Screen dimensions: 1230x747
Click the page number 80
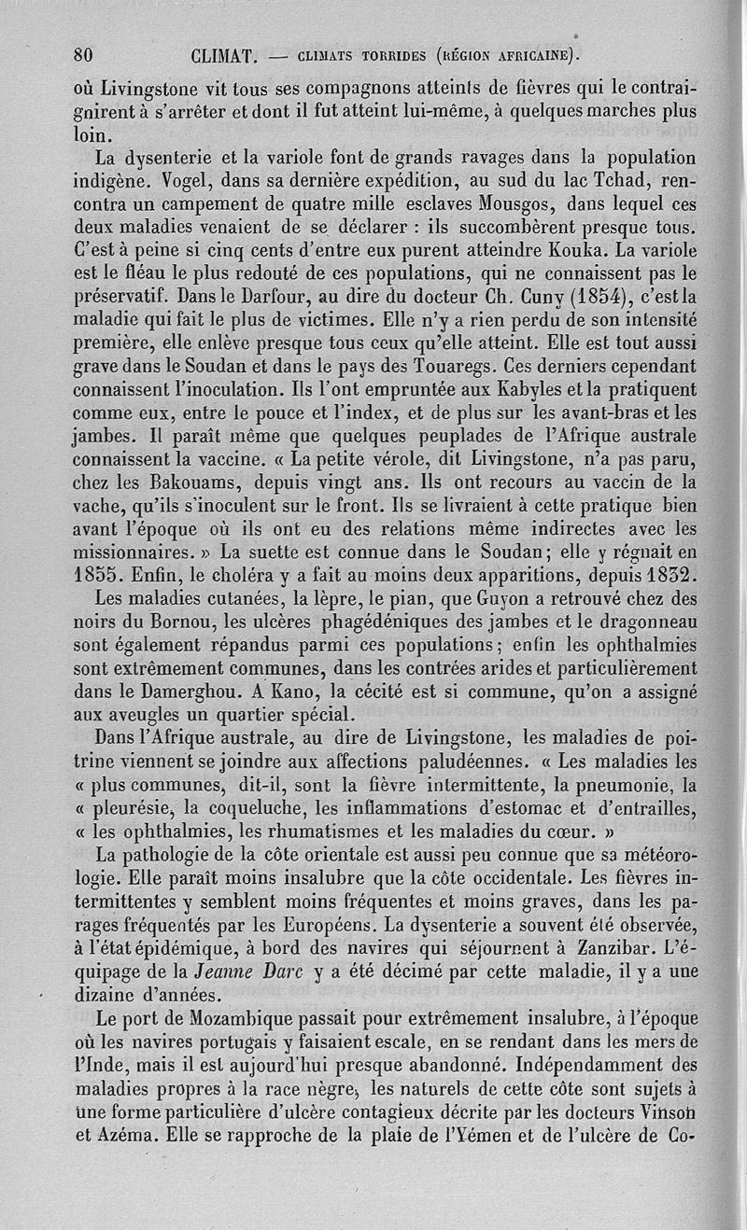point(92,54)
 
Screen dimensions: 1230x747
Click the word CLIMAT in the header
point(223,54)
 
